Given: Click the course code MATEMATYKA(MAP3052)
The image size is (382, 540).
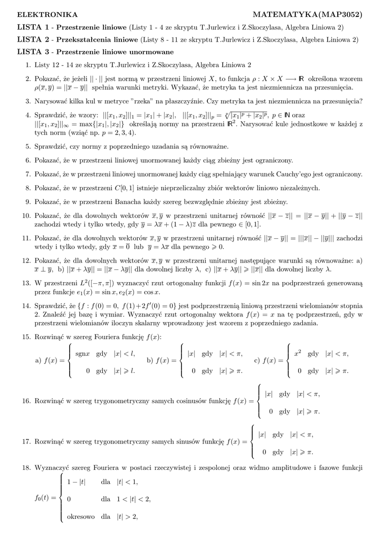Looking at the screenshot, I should pyautogui.click(x=308, y=14).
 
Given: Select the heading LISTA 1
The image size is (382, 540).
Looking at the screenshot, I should pyautogui.click(x=34, y=26).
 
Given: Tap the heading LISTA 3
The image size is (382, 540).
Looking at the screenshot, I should pyautogui.click(x=34, y=52).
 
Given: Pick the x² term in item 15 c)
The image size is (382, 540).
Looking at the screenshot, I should pyautogui.click(x=298, y=353).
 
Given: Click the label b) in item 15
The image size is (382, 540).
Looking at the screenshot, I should pyautogui.click(x=150, y=361).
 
